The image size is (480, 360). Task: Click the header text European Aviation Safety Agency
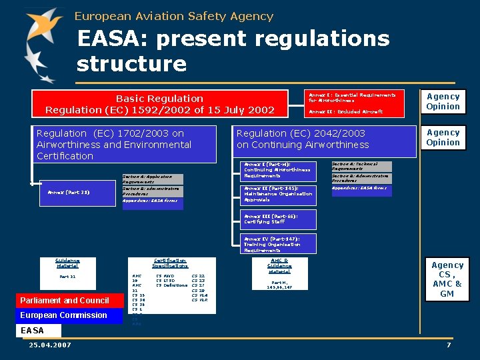click(x=174, y=16)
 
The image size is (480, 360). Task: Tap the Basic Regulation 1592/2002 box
click(x=160, y=103)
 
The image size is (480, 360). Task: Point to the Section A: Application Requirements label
click(x=152, y=179)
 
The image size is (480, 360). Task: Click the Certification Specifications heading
click(x=169, y=263)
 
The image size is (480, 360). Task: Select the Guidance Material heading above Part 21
click(x=67, y=263)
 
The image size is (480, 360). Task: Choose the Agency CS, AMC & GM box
click(x=447, y=279)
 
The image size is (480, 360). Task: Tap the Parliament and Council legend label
click(x=65, y=301)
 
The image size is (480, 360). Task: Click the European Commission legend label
click(x=64, y=315)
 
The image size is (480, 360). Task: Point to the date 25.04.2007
click(x=50, y=345)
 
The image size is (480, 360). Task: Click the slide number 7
click(x=449, y=345)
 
